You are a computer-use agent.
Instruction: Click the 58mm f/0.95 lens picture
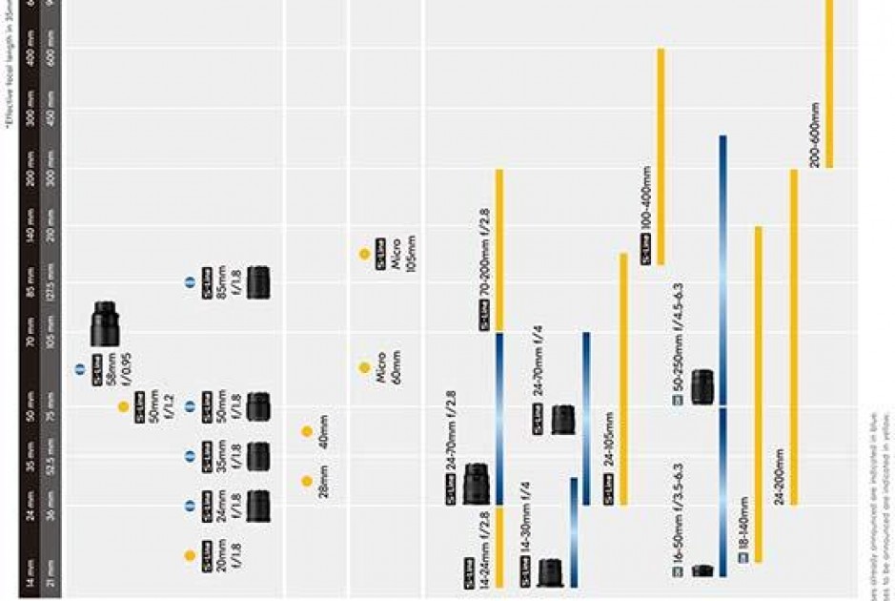105,324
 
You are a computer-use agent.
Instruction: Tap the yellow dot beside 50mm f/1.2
123,407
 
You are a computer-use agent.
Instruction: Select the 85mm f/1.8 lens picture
257,282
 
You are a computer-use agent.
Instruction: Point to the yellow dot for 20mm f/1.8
190,555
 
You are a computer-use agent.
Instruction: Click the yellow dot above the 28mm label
307,482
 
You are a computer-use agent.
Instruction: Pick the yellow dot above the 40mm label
307,432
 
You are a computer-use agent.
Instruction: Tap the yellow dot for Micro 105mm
364,254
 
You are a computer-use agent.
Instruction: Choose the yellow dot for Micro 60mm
364,367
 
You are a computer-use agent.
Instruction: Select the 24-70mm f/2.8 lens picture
476,485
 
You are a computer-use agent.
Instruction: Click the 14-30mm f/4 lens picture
550,572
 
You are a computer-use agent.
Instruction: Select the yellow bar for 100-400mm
661,156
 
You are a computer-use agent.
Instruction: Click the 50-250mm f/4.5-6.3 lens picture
702,386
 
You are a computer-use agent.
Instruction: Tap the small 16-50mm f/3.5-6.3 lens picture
702,570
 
